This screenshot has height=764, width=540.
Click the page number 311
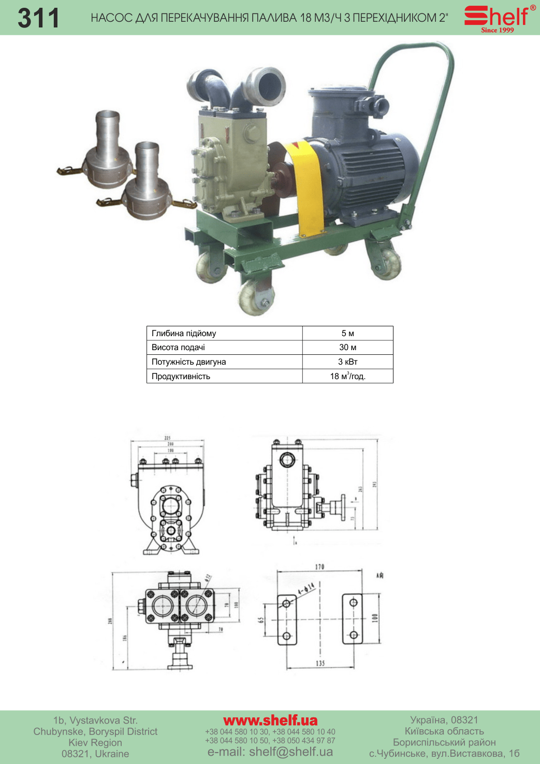[38, 18]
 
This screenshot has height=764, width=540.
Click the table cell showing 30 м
[347, 348]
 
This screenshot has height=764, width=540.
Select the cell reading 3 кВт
[347, 362]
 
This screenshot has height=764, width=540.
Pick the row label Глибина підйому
[184, 334]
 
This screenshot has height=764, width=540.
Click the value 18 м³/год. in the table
[347, 376]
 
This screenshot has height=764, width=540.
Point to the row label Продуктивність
[181, 376]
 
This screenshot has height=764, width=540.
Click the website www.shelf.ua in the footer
[270, 720]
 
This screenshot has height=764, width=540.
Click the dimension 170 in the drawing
[319, 567]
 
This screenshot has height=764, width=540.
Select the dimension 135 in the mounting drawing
[320, 663]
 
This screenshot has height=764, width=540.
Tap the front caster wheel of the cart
[256, 298]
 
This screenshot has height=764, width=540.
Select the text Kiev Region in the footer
[95, 743]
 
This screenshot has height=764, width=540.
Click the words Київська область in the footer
[444, 731]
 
